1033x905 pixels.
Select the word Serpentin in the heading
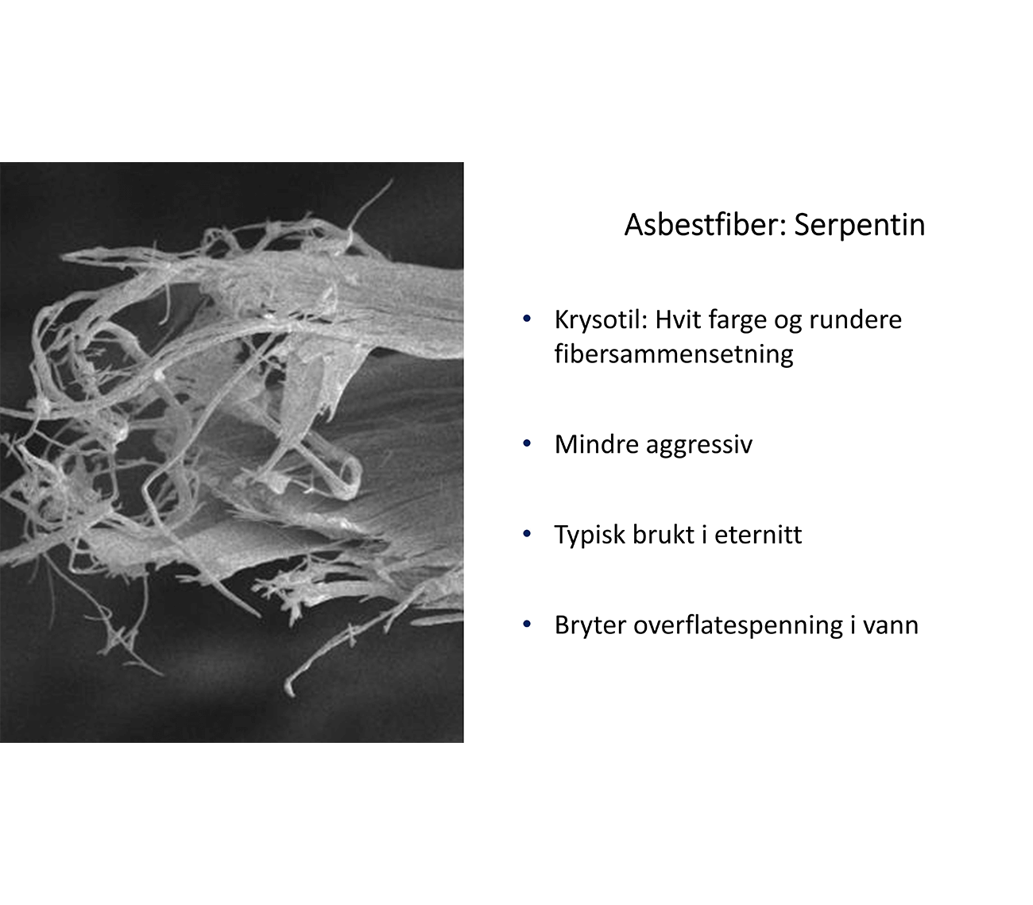point(860,224)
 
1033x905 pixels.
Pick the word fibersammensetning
point(674,354)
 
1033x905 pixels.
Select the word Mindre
point(596,444)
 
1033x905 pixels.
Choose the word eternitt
point(758,535)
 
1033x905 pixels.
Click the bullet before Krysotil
point(527,319)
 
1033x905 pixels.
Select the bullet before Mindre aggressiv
point(527,443)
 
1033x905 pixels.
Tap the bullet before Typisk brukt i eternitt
point(527,534)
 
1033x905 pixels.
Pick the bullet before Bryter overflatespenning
point(527,624)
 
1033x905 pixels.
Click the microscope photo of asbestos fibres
point(232,452)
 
